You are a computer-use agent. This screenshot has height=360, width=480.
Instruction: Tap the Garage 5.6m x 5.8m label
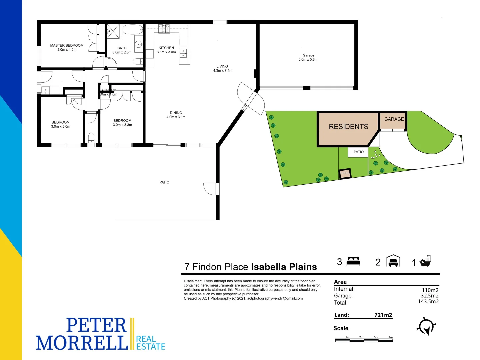tap(308, 57)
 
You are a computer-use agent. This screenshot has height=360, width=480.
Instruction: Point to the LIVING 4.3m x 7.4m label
tap(222, 68)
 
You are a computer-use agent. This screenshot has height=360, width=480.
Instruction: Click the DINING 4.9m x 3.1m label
tap(176, 115)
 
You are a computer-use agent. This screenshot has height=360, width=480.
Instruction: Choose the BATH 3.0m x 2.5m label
tap(122, 50)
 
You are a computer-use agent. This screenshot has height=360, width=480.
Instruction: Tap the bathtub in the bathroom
tap(132, 30)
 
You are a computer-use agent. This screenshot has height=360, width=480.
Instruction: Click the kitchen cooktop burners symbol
tap(164, 28)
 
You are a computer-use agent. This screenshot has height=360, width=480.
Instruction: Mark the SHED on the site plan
tap(345, 173)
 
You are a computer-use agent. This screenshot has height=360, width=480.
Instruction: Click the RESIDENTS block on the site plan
tap(348, 127)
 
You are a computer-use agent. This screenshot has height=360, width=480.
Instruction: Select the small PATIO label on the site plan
tap(359, 152)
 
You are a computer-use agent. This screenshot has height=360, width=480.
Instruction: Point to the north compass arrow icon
tap(426, 326)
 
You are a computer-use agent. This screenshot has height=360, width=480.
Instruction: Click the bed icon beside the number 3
tap(353, 261)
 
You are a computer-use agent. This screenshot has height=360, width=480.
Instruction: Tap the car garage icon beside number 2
tap(393, 261)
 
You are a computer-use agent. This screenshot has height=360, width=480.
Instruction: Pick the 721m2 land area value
tap(383, 315)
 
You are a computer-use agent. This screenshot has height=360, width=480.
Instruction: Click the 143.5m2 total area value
tap(428, 302)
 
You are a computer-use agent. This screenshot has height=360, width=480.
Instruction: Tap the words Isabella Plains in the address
tap(284, 267)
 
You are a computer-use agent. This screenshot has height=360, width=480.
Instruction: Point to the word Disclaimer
tap(193, 281)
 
